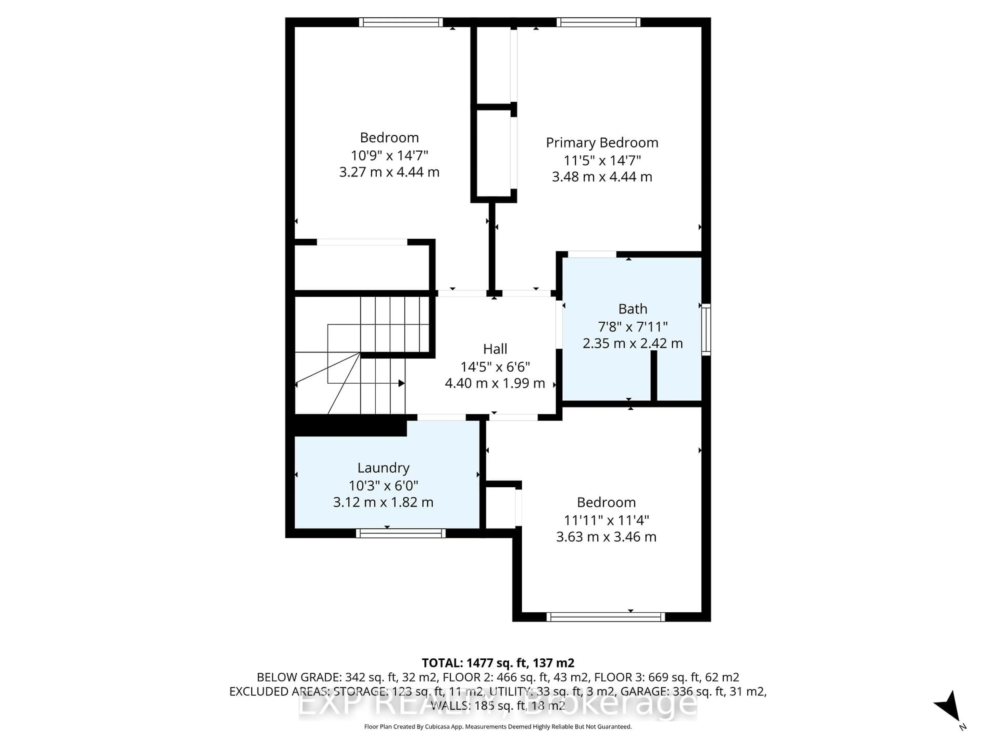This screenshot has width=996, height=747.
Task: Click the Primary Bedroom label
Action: tap(602, 143)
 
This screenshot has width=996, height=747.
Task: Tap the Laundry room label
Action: tap(383, 468)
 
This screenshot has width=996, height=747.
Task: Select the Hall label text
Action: tap(495, 349)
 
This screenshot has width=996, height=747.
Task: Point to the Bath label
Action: tap(633, 309)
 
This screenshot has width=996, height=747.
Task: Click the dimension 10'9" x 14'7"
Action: tap(389, 155)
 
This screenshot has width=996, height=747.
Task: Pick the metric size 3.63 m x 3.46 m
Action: tap(606, 537)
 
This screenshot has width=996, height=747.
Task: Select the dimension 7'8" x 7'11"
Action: tap(633, 327)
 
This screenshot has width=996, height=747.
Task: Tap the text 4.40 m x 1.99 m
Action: tap(495, 383)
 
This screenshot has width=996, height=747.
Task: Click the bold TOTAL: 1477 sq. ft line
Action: tap(497, 663)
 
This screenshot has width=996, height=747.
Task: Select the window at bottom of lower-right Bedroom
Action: tap(606, 617)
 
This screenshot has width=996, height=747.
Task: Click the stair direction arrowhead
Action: tap(401, 383)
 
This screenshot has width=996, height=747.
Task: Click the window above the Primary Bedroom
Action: tap(598, 22)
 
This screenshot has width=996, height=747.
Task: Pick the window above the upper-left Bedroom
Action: tap(401, 22)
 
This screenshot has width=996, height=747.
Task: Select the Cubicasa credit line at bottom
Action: tap(497, 726)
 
